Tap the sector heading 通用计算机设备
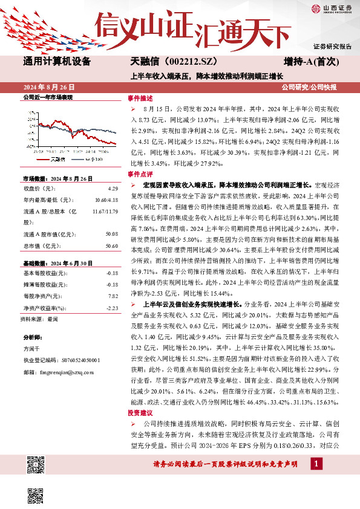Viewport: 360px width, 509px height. coord(57,62)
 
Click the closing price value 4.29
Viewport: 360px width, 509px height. coord(112,189)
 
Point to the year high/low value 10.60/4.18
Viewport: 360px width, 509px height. coord(105,200)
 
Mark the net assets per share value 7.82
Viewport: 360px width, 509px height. coord(112,296)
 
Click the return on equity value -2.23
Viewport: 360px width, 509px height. coord(111,308)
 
